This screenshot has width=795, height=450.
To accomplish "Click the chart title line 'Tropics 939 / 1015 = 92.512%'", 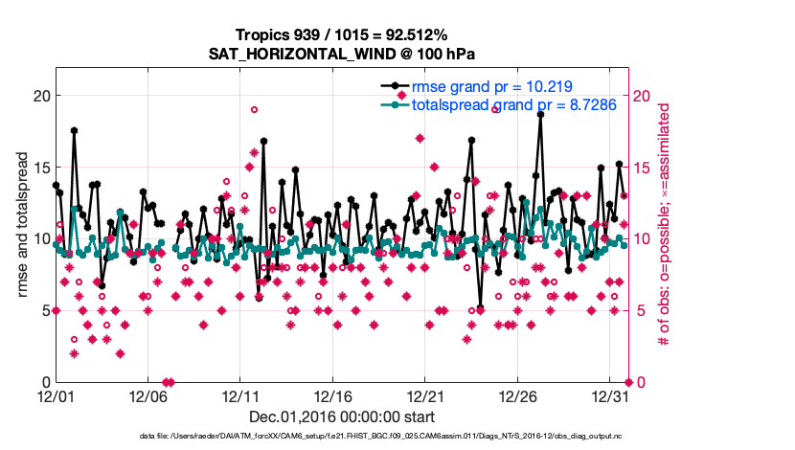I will coord(342,34).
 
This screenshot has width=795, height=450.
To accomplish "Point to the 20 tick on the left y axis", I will coord(40,96).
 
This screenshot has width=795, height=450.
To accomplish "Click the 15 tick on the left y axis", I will coord(40,168).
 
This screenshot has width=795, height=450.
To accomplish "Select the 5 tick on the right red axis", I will coord(640,310).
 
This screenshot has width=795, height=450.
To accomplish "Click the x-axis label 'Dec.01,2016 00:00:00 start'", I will coord(342,416).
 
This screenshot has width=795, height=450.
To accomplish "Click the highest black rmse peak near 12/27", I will coord(540,113).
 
